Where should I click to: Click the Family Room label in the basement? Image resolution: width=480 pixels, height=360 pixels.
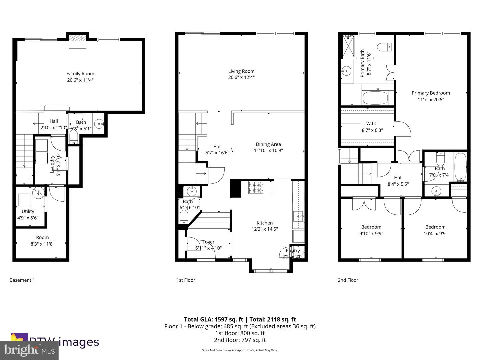(80, 74)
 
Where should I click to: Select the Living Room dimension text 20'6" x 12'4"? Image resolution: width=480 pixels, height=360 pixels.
(241, 77)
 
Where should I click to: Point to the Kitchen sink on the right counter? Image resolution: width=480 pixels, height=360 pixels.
(299, 216)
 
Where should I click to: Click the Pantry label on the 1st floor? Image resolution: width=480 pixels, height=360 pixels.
(293, 251)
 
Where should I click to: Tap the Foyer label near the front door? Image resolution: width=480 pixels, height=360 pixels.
(208, 242)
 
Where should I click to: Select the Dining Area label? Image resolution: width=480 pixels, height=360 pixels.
(268, 144)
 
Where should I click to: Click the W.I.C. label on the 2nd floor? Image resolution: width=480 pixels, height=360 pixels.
(372, 124)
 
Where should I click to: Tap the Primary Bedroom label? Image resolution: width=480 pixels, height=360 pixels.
(431, 93)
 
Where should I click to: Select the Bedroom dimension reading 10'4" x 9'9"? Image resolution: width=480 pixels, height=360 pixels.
(435, 234)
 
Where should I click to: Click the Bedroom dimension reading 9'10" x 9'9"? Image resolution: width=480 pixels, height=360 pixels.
(371, 234)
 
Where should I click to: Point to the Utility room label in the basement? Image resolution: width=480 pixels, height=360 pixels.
(28, 211)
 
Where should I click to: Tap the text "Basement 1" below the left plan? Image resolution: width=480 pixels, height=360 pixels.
(22, 280)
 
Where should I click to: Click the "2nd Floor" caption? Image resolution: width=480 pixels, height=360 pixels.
(348, 280)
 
